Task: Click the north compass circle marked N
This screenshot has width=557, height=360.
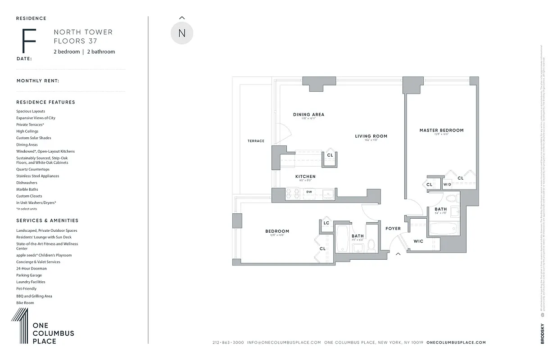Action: [x=182, y=33]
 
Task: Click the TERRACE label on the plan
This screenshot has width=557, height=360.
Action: [x=256, y=141]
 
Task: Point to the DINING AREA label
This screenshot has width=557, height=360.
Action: [x=308, y=115]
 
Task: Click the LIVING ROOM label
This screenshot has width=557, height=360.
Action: [x=371, y=136]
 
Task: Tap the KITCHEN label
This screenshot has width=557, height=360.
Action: [x=305, y=177]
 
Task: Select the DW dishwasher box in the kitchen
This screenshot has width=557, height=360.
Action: [x=309, y=192]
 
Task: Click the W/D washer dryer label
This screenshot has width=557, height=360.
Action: [x=447, y=184]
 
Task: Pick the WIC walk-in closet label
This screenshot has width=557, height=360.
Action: [x=418, y=241]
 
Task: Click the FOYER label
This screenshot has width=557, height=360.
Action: [x=393, y=229]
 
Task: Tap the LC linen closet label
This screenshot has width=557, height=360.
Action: [x=326, y=223]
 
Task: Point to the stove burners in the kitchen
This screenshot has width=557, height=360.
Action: [x=293, y=193]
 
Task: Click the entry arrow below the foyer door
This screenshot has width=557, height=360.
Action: [x=398, y=255]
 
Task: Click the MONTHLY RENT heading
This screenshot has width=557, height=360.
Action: [x=38, y=81]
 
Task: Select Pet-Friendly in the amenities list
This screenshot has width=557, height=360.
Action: [x=27, y=289]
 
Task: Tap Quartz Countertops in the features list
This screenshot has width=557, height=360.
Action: [x=33, y=169]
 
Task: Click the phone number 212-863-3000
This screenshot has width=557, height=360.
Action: [x=228, y=342]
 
